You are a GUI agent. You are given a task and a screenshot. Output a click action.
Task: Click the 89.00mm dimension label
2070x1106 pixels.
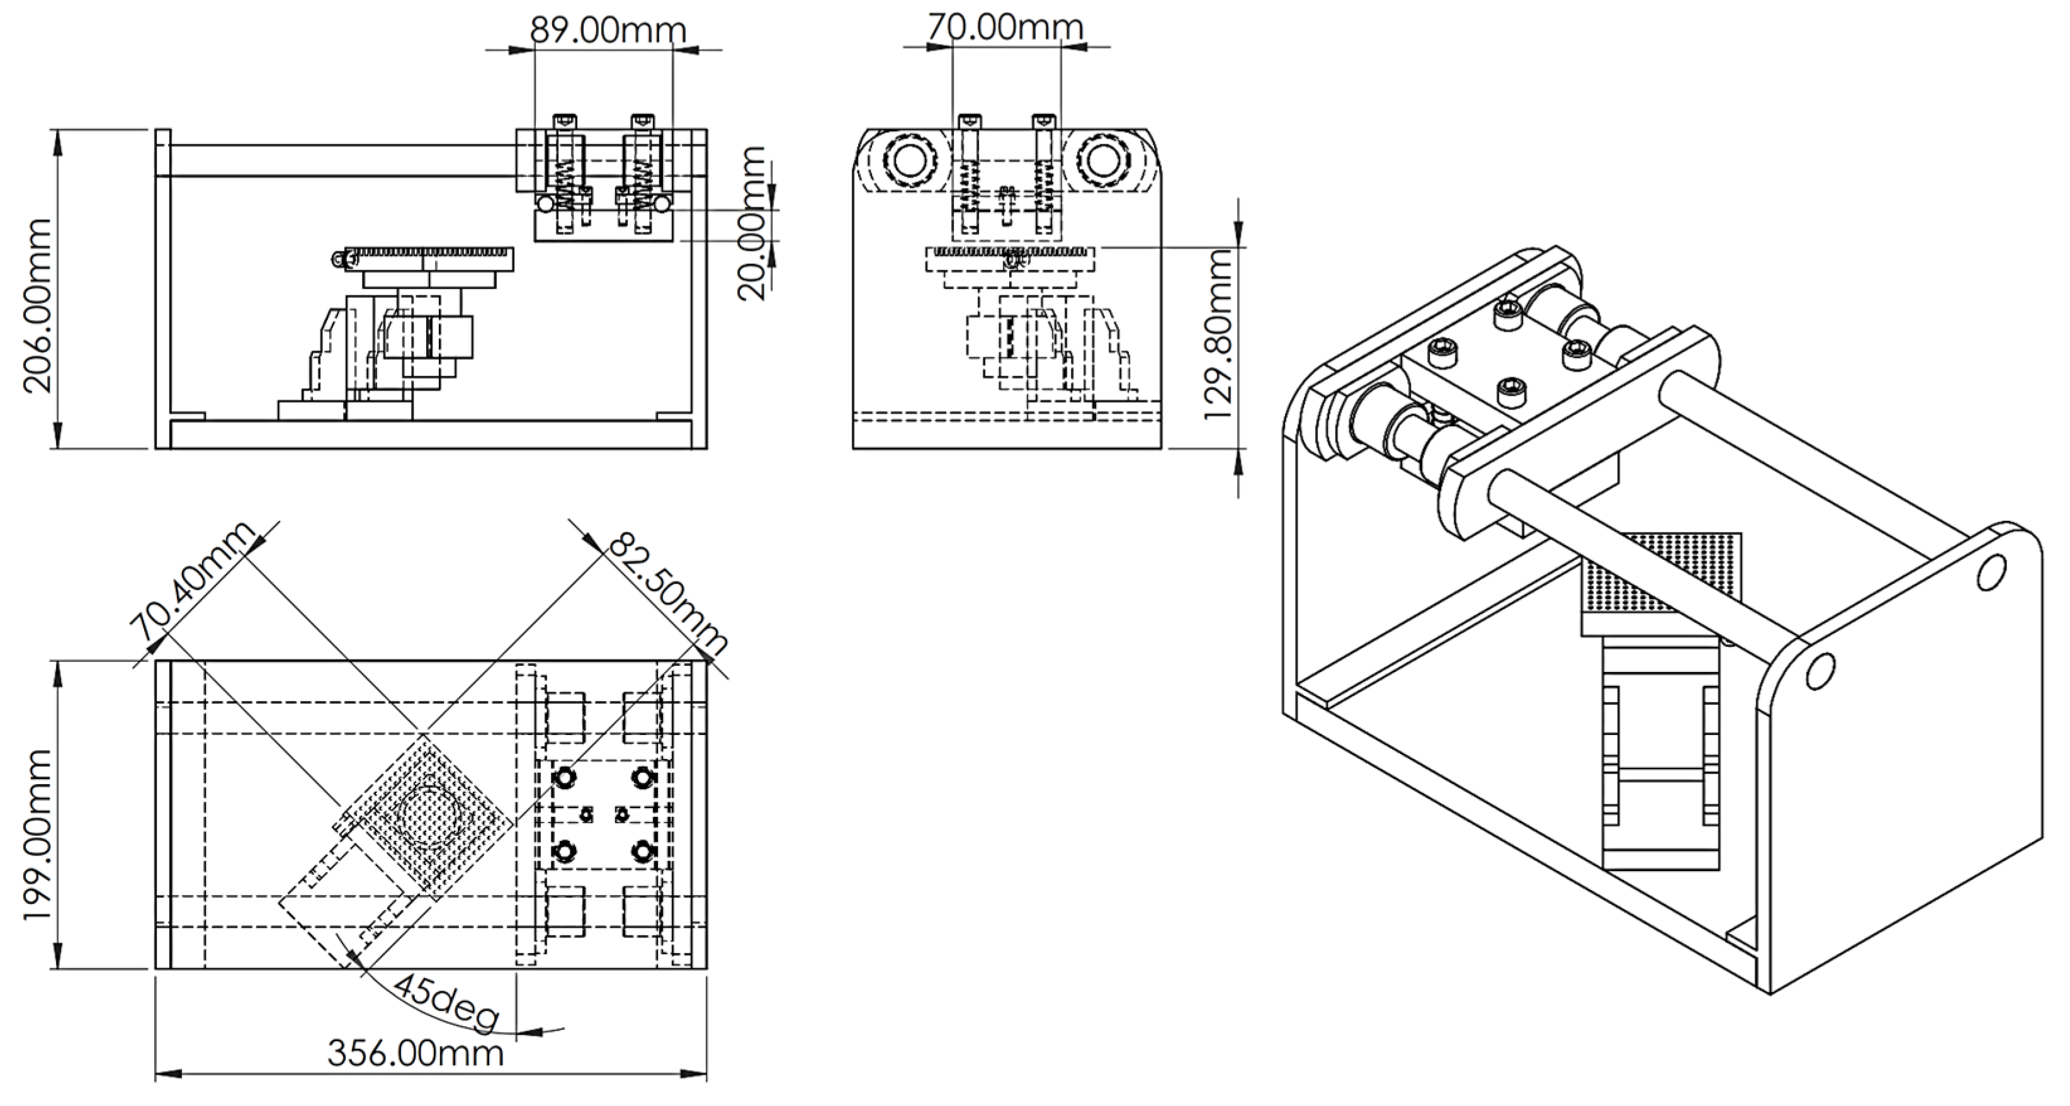(x=608, y=30)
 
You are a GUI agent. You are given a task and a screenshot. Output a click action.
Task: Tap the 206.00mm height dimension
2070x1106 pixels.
(x=38, y=305)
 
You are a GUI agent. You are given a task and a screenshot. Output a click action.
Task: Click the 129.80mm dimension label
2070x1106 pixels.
(x=1219, y=335)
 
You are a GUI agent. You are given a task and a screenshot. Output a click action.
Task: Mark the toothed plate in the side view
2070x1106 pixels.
(x=430, y=258)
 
